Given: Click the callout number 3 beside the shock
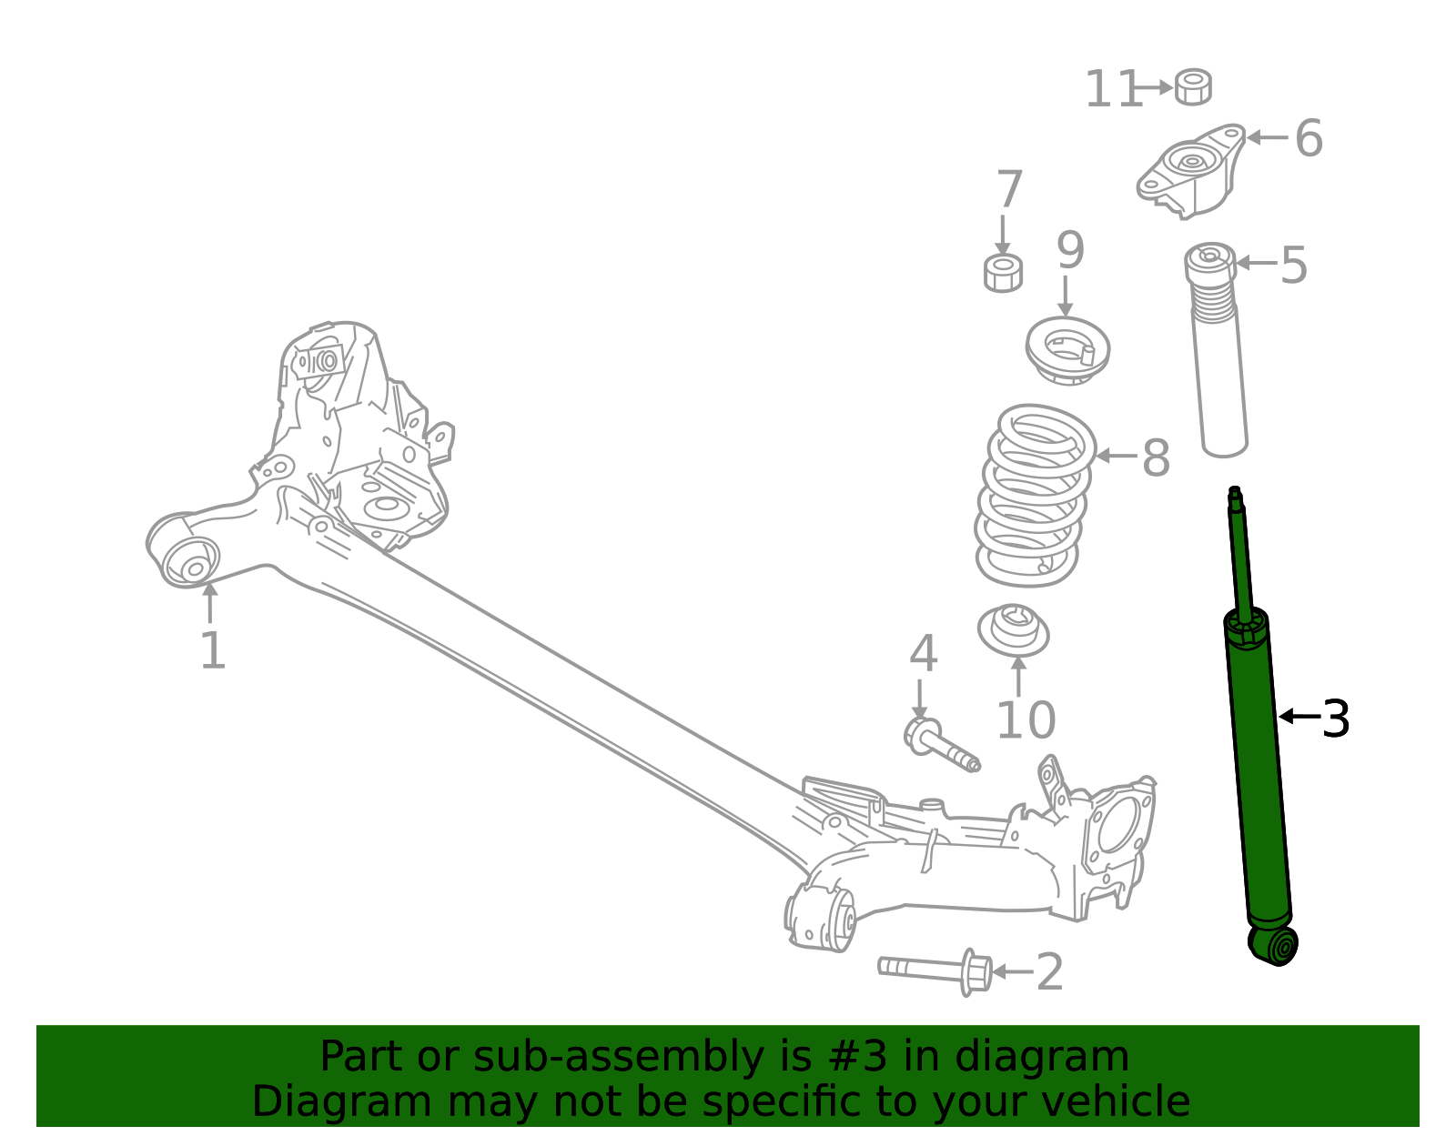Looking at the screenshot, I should coord(1335,719).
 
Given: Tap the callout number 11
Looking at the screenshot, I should coord(1112,89).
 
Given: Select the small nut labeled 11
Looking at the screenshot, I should coord(1192,87).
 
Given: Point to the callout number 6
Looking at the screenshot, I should coord(1308,138).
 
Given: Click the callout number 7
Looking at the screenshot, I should coord(1009,190).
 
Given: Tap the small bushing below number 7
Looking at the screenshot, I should coord(1003,273).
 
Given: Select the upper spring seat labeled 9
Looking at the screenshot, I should coord(1067,350).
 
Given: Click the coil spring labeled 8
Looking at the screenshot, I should coord(1035,496).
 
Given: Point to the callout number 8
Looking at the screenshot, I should coord(1155,457).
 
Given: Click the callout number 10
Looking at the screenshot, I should coord(1026,720).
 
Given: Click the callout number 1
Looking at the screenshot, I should coord(211,651).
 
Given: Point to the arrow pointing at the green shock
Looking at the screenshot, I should coord(1299,717).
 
